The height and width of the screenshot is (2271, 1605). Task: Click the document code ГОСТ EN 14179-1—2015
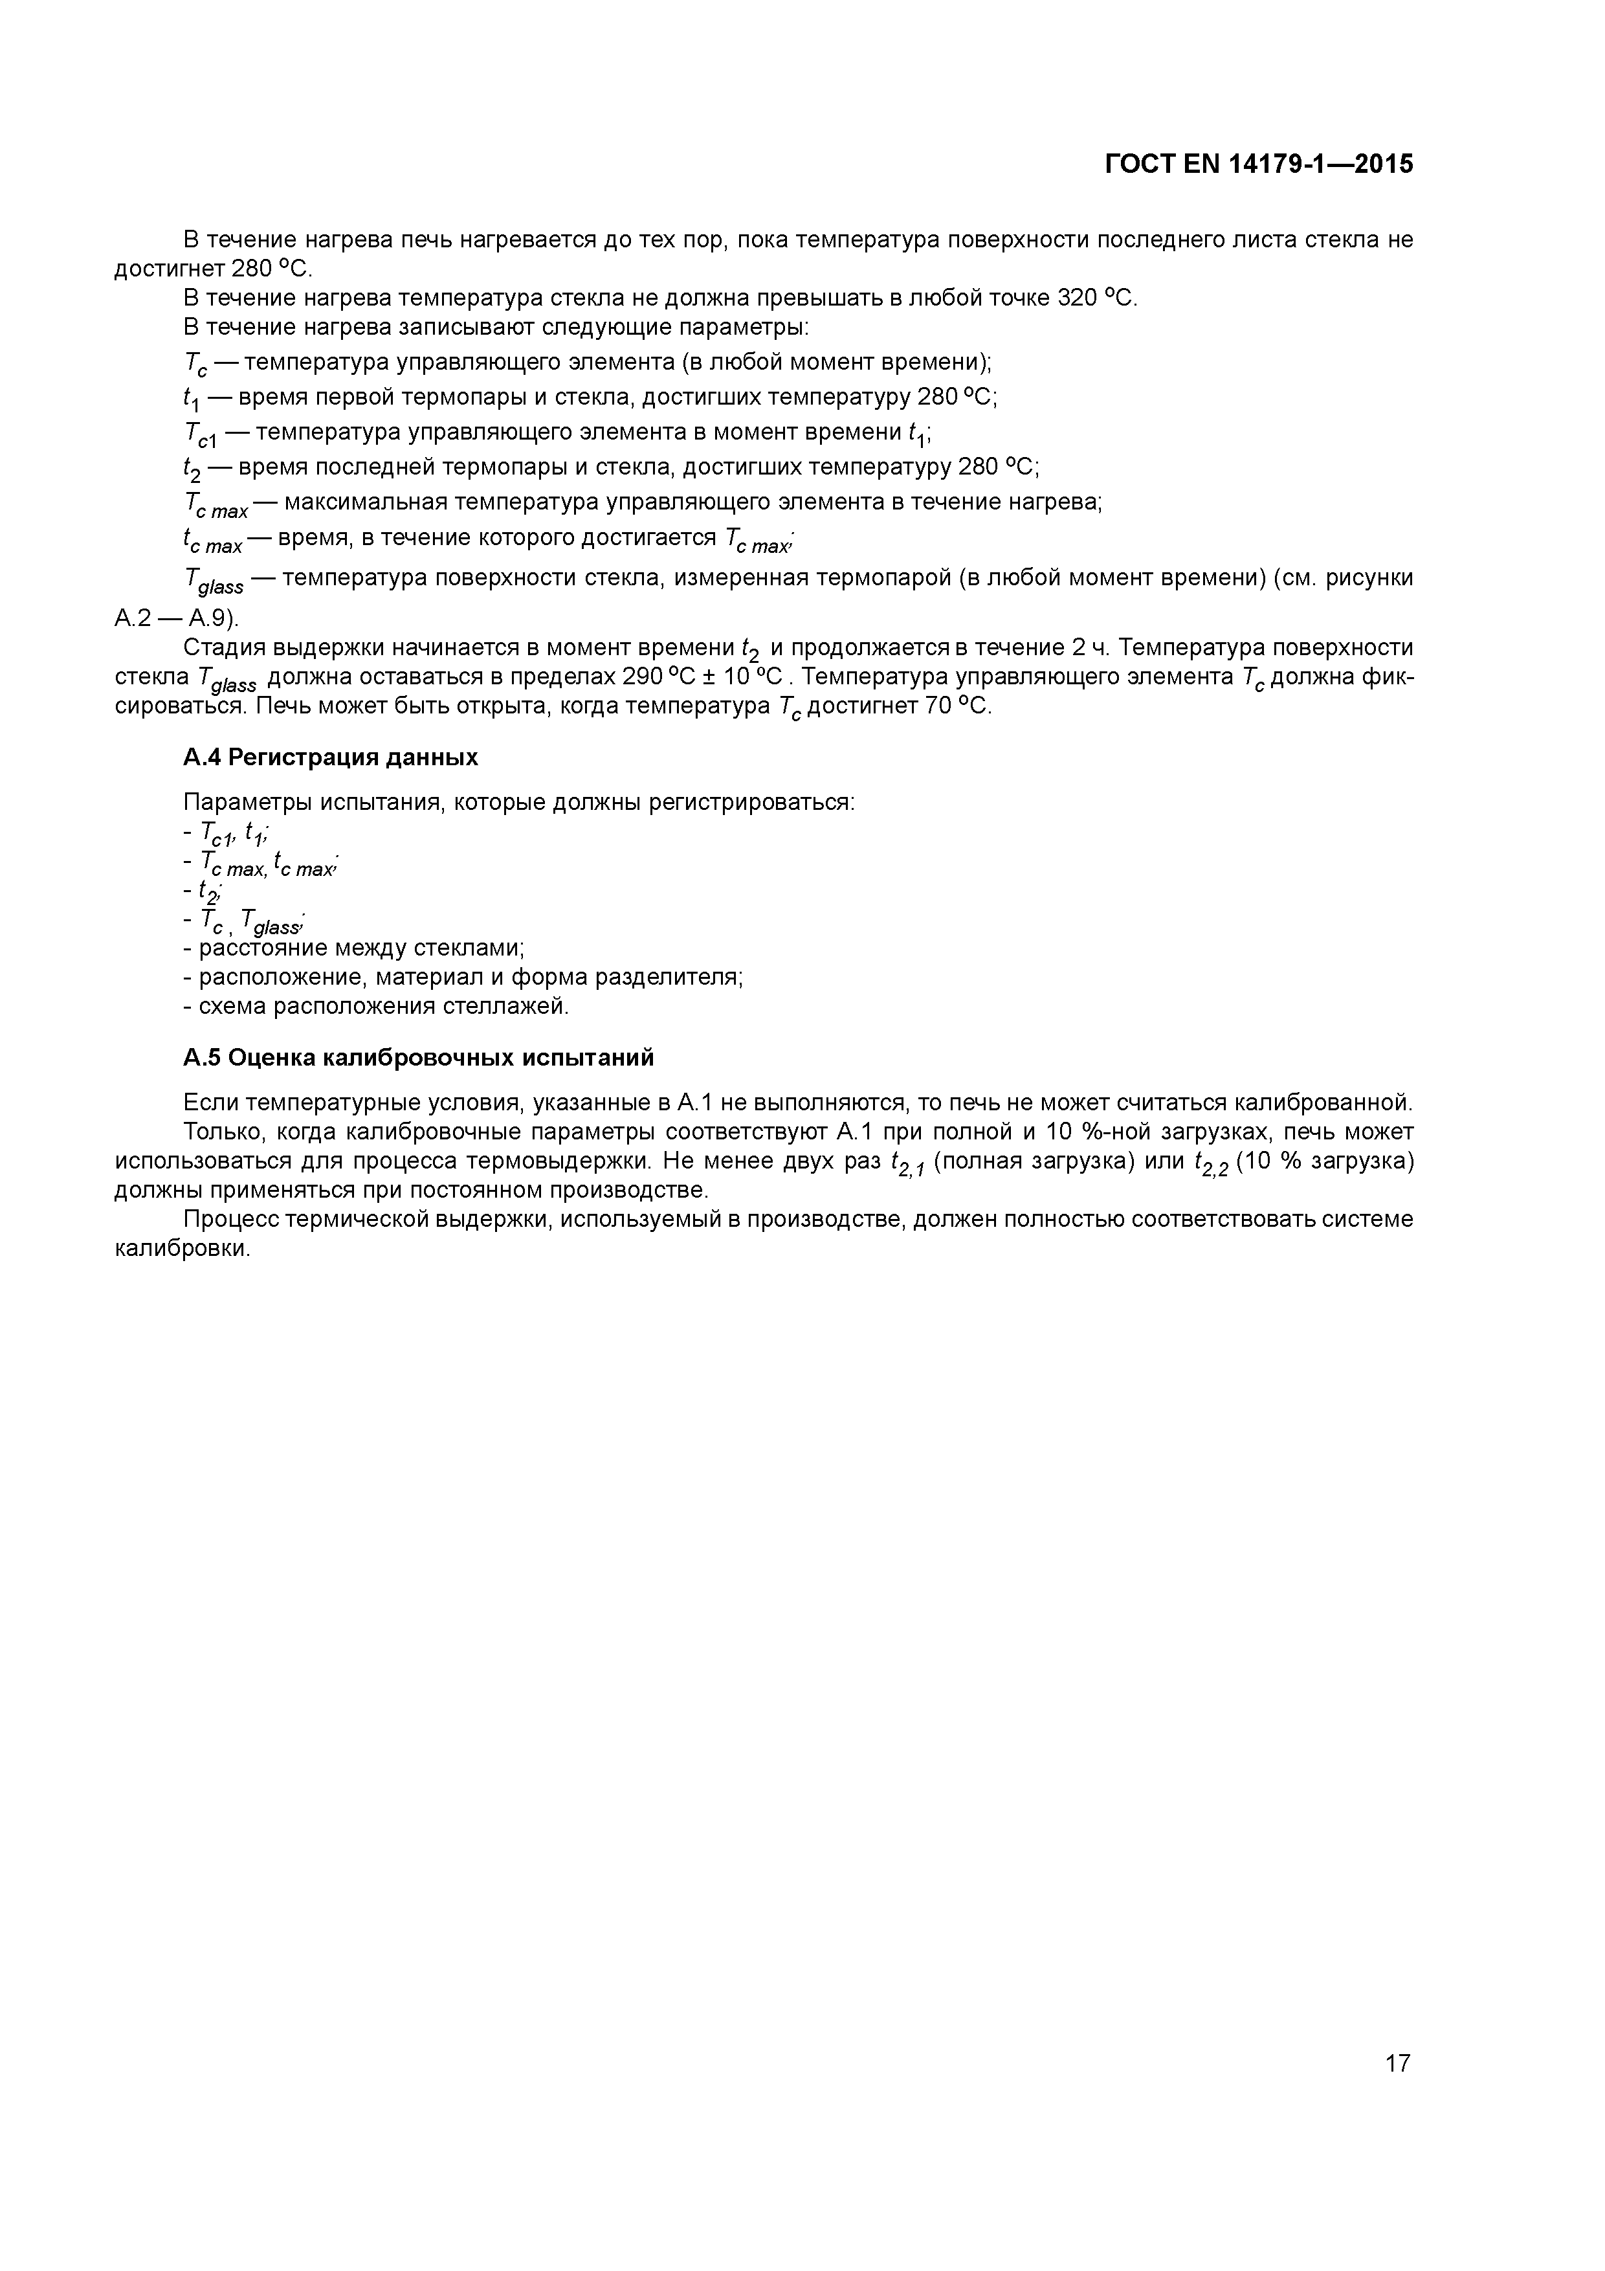(x=1258, y=164)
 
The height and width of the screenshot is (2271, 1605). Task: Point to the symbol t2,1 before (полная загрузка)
(x=907, y=1163)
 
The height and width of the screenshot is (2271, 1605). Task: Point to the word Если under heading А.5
(x=210, y=1102)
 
